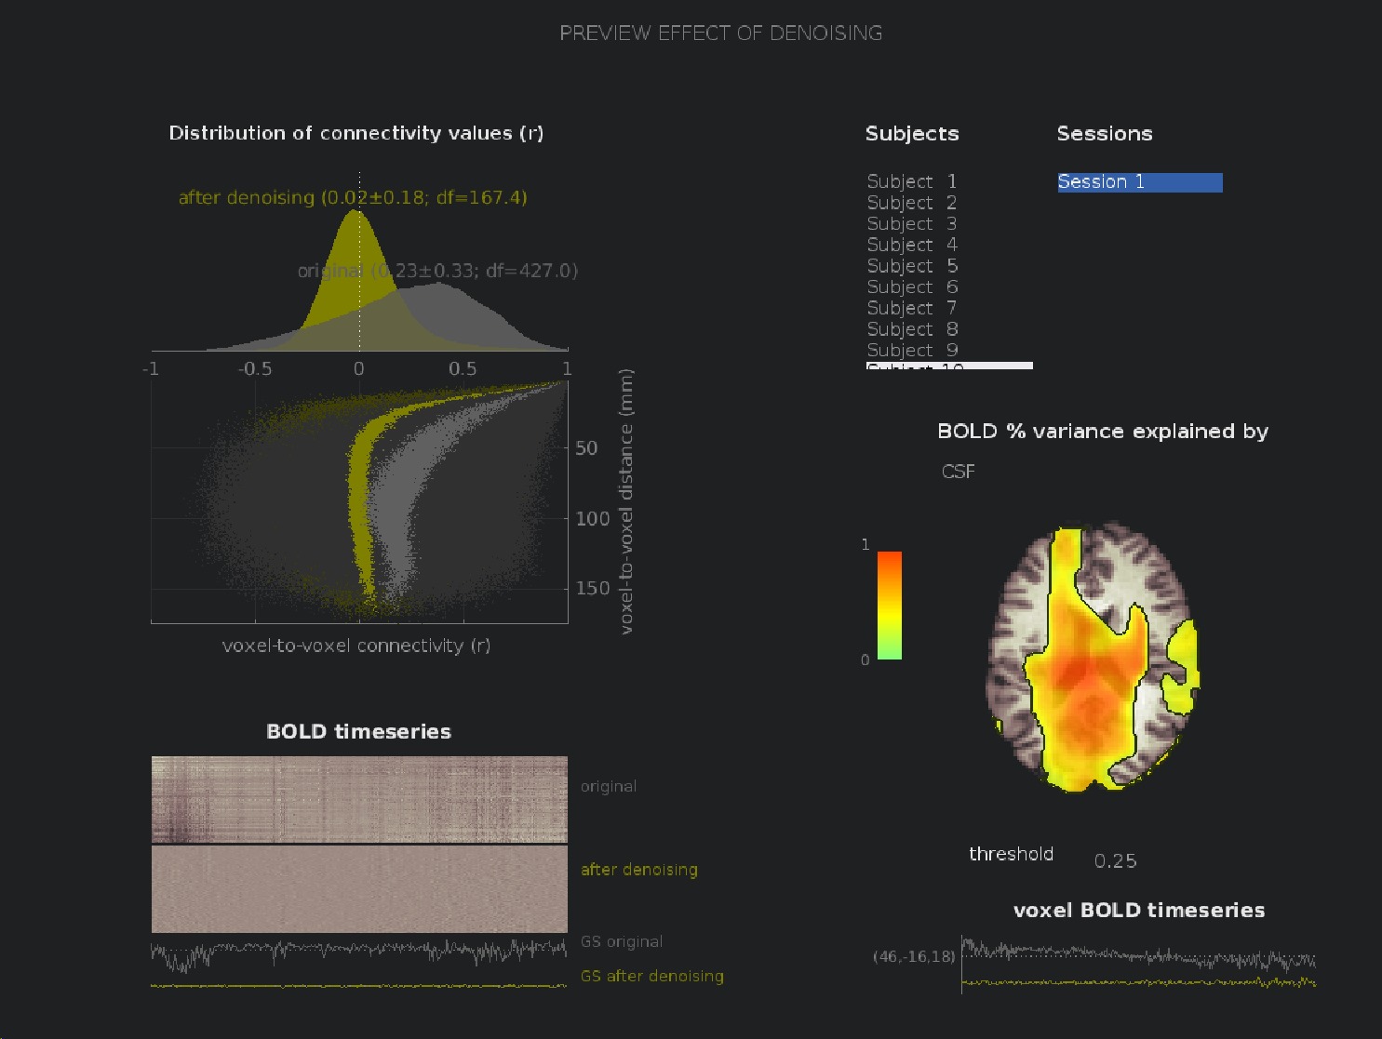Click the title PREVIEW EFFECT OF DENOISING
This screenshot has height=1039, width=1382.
click(x=720, y=33)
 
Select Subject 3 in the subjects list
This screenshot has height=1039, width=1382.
click(x=911, y=224)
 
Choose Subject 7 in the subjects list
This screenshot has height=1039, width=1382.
click(x=911, y=308)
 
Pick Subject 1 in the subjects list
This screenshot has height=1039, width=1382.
click(x=911, y=181)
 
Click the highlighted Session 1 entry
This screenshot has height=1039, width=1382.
click(x=1138, y=182)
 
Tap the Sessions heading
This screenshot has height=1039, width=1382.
click(x=1104, y=134)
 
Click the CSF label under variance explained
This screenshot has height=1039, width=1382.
click(x=958, y=472)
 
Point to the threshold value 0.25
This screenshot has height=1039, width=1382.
click(x=1115, y=861)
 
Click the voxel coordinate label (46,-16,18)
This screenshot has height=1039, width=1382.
click(x=913, y=956)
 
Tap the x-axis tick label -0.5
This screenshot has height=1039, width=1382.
click(x=254, y=369)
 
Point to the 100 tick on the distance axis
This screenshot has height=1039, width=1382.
click(x=592, y=519)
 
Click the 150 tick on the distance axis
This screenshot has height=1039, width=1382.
click(x=592, y=589)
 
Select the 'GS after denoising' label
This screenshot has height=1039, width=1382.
click(x=651, y=976)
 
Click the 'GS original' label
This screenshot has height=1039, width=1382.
click(x=621, y=941)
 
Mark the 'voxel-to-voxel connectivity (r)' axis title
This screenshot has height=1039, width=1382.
click(x=356, y=646)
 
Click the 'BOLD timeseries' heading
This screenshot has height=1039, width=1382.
click(x=358, y=732)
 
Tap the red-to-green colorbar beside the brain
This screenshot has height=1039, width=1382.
click(x=890, y=606)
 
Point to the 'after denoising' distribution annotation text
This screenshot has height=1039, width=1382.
click(x=353, y=197)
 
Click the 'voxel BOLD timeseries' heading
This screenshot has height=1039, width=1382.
click(x=1138, y=911)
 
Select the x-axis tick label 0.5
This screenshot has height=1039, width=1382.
click(x=463, y=369)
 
